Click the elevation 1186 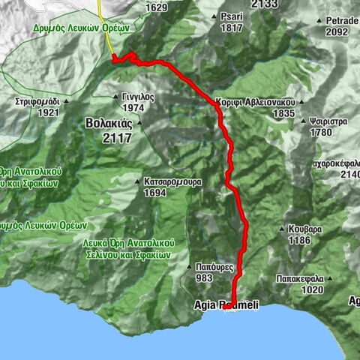(299, 241)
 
